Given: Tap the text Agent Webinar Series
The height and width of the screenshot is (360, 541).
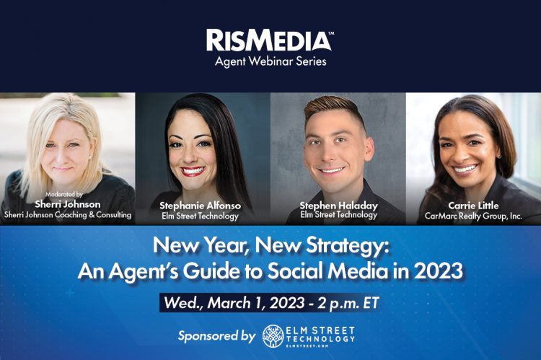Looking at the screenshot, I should pos(270,61).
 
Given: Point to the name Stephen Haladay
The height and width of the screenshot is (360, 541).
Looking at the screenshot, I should pos(338,206).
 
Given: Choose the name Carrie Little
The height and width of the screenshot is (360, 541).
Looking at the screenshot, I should pos(473,206).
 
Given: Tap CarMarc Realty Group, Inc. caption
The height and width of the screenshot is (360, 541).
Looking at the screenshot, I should pos(473,215).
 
